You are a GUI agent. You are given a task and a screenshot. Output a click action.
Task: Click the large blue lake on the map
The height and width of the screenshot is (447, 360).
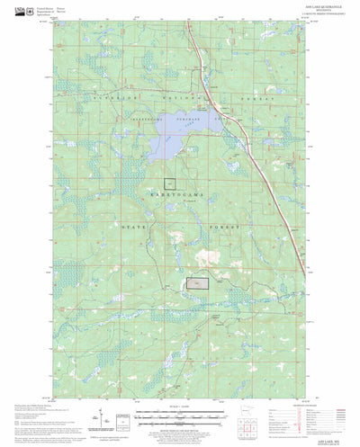tap(179, 135)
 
